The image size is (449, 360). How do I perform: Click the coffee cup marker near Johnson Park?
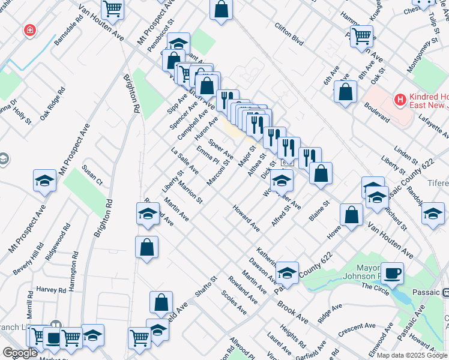coord(392,274)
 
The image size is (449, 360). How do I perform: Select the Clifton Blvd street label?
coord(289,35)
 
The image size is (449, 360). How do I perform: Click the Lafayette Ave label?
coord(431,128)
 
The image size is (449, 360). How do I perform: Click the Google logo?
coord(20,353)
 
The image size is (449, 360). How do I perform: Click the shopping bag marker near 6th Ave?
coord(346,92)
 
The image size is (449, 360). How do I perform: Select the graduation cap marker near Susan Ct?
coord(45,181)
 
